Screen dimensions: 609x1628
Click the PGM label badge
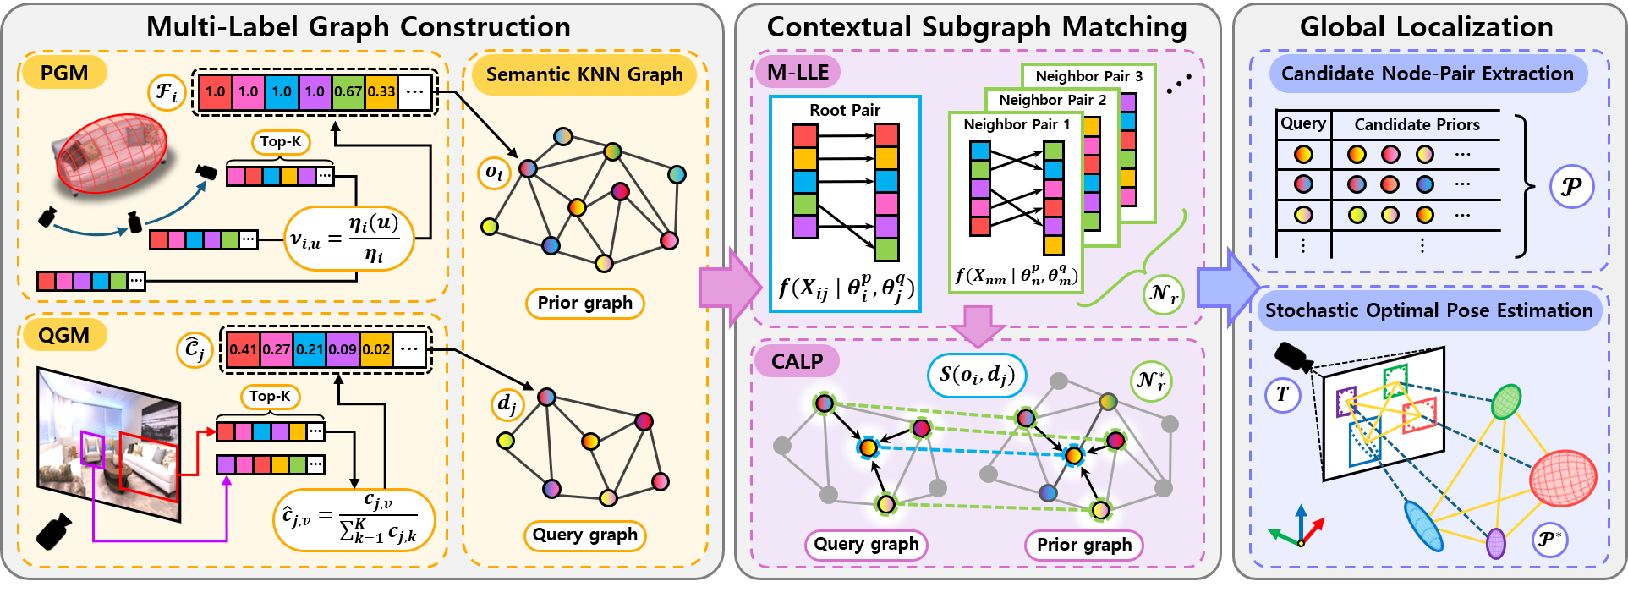point(64,74)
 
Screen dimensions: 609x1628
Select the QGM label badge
point(63,336)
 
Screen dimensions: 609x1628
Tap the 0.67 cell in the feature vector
point(348,91)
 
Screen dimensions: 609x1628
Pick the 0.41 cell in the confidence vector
point(243,349)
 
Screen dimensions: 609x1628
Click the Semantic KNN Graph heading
point(584,74)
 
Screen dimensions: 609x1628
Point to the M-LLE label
point(798,73)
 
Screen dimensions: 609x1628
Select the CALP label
point(797,362)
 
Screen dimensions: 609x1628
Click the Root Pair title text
point(845,111)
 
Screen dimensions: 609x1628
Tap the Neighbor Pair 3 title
point(1088,76)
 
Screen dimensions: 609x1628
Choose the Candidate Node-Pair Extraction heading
point(1427,74)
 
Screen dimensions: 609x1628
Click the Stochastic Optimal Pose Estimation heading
point(1428,310)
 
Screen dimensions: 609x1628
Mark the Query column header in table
point(1302,123)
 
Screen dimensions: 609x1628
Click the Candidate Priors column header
point(1417,125)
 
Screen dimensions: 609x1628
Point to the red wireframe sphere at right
point(1563,479)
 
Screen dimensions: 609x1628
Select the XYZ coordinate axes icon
point(1298,529)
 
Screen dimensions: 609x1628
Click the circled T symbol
point(1282,394)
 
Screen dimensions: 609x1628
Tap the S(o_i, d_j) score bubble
point(977,374)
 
